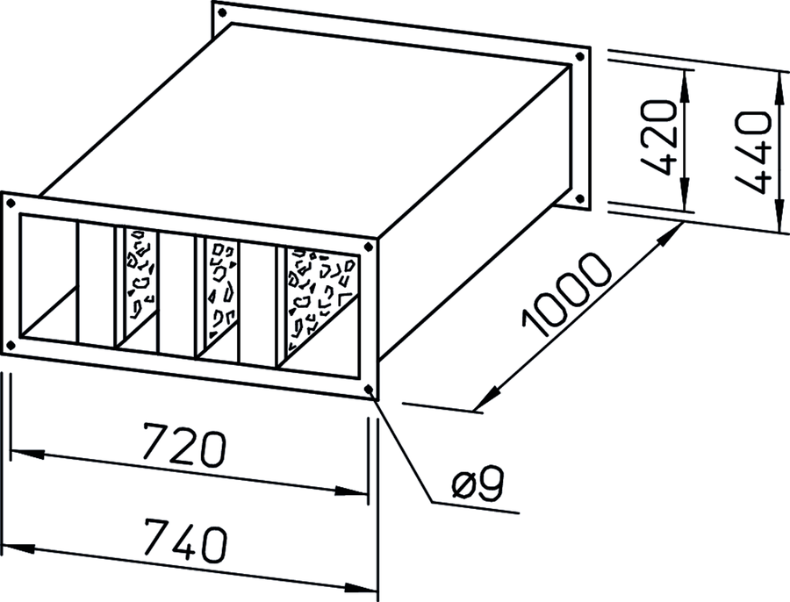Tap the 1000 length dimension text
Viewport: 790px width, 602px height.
pos(568,295)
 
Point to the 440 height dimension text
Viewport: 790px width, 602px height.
pos(752,152)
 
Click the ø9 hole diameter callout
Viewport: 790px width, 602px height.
pos(478,484)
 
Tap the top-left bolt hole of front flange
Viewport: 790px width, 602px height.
pos(11,204)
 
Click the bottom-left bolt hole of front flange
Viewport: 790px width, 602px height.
pos(10,345)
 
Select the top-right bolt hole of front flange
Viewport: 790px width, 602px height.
pos(369,247)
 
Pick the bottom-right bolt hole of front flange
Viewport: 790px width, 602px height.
pos(370,389)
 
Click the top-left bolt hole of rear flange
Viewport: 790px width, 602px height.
pos(220,12)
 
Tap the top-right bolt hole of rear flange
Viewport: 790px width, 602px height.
pos(580,57)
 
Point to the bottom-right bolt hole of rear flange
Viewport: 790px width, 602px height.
pos(580,198)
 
